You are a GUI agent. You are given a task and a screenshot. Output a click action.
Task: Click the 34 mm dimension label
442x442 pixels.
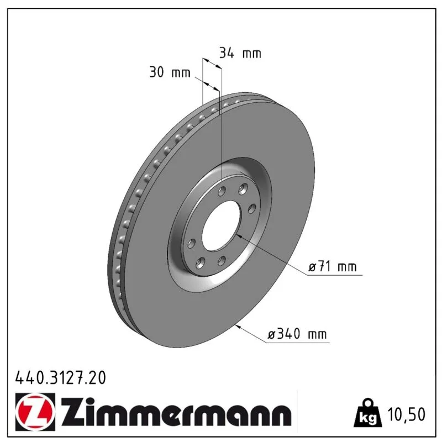point(240,53)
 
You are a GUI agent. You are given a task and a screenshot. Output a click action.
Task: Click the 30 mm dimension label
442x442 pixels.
point(170,72)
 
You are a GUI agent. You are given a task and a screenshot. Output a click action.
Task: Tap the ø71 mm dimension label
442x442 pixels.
point(333,266)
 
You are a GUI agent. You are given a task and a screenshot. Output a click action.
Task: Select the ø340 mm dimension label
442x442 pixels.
point(297,334)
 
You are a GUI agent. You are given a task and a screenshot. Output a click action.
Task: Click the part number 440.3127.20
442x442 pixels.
point(61,378)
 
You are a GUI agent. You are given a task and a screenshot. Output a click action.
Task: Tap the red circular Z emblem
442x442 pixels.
point(35,412)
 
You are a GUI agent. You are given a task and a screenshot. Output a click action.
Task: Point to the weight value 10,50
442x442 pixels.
point(406,414)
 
